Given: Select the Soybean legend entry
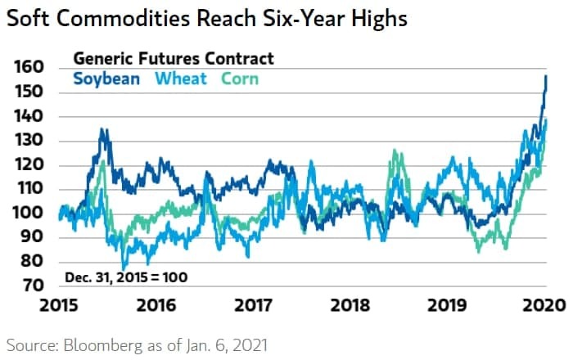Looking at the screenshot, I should coord(106,79).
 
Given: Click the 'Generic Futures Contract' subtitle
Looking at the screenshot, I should coord(174,58).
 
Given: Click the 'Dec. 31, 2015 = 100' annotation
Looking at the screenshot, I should coord(126,277).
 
